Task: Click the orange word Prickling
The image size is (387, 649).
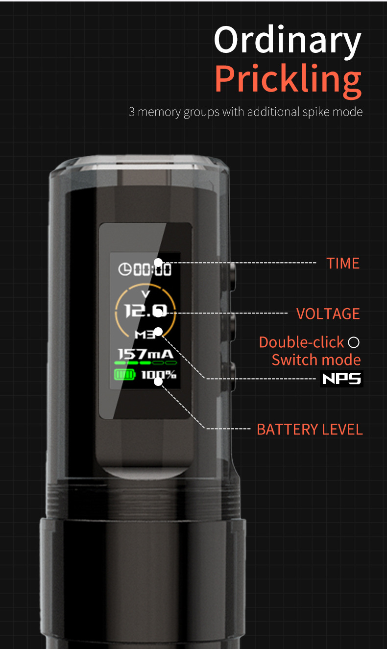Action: point(288,80)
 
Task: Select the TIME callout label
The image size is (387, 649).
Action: point(343,264)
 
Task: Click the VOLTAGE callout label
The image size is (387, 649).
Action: point(328,314)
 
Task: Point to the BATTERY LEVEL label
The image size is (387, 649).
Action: point(310,430)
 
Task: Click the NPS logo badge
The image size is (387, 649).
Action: point(341,379)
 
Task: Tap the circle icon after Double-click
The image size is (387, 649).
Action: point(353,342)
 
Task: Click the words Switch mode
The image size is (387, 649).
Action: point(316,360)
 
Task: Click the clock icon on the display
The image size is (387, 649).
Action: point(124,269)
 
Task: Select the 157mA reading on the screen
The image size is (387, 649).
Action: point(145,354)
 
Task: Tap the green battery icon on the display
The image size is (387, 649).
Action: point(124,375)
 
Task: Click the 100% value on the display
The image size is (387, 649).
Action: point(159,375)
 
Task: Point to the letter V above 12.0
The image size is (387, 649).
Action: point(145,294)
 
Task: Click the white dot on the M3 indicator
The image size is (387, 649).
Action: point(158,332)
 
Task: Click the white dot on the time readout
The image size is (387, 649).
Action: point(158,263)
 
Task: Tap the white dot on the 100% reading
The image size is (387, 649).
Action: point(158,382)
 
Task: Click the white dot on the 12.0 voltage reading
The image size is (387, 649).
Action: point(158,313)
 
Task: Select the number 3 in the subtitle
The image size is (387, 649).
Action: point(132,112)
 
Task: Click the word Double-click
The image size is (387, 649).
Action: point(301,342)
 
